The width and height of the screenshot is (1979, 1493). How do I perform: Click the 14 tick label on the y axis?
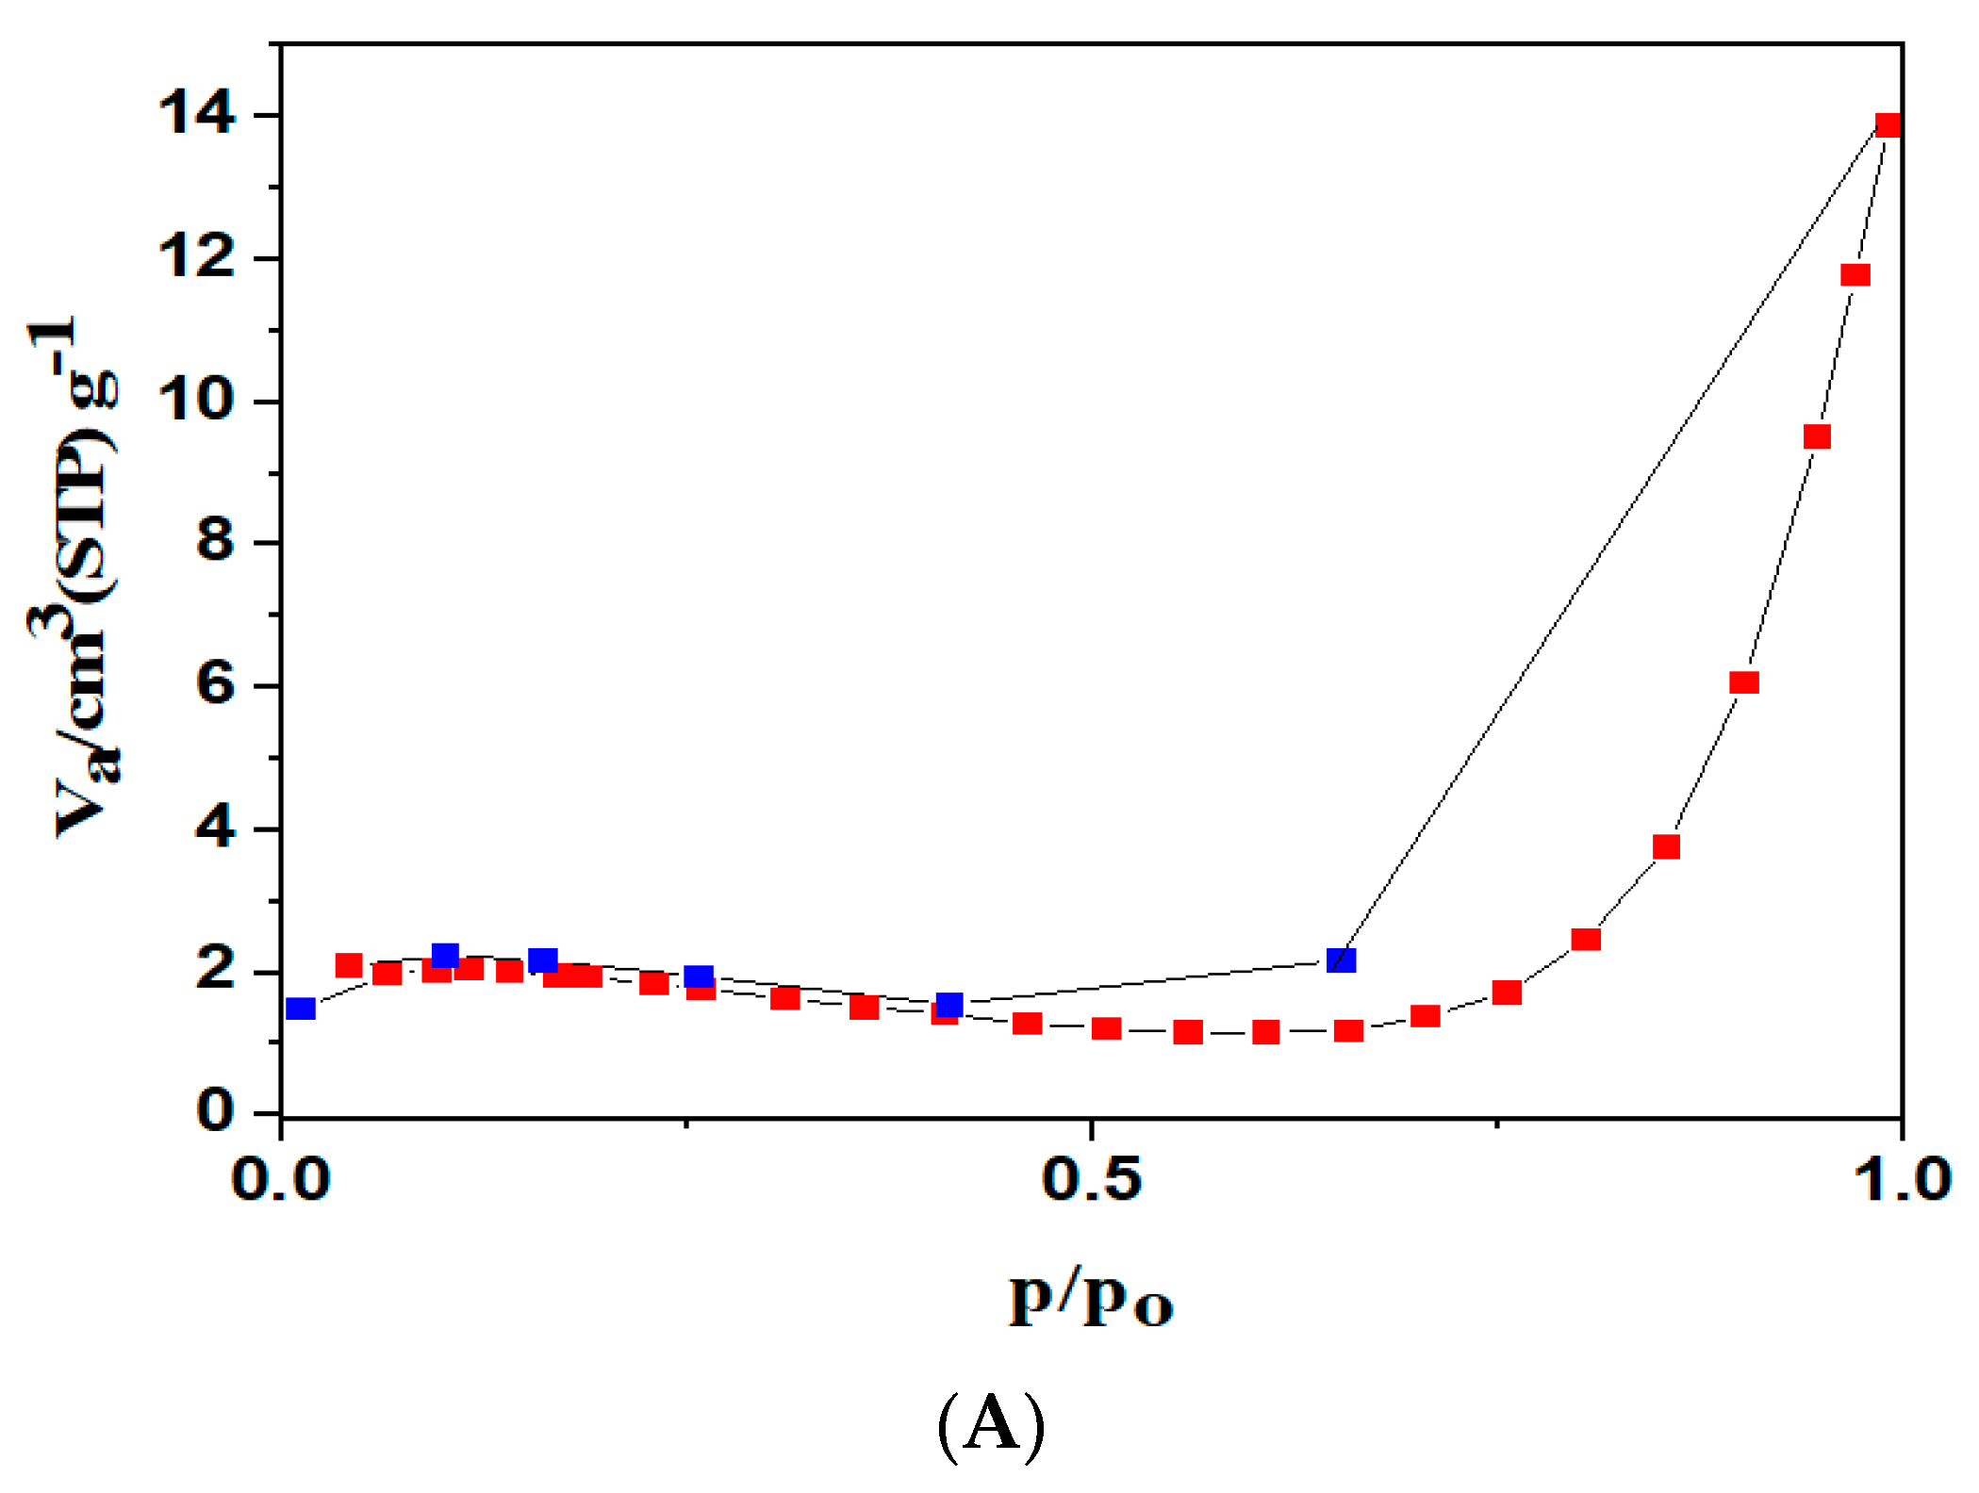coord(196,114)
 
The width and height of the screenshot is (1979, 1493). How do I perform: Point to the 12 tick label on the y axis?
coord(196,257)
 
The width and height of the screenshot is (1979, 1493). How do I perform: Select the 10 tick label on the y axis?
coord(196,401)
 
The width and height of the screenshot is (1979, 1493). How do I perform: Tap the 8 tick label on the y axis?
coord(215,543)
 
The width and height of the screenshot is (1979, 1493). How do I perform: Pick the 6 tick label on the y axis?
coord(215,685)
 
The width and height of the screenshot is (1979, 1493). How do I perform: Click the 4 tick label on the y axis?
coord(215,829)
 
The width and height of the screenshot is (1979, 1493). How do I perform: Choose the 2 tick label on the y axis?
coord(215,971)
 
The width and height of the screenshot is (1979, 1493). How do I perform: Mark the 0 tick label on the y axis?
coord(215,1113)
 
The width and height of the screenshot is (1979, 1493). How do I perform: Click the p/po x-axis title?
coord(1091,1300)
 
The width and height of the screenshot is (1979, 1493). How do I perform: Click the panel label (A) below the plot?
coord(991,1425)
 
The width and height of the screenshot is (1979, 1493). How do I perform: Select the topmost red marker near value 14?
coord(1888,125)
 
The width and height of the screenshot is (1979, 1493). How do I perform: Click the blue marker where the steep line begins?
coord(1341,960)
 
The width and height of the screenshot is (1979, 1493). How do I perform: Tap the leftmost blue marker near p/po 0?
coord(300,1009)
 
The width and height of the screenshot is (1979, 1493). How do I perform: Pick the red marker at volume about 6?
coord(1744,682)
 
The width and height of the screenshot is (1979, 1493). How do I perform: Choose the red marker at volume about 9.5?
coord(1817,436)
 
